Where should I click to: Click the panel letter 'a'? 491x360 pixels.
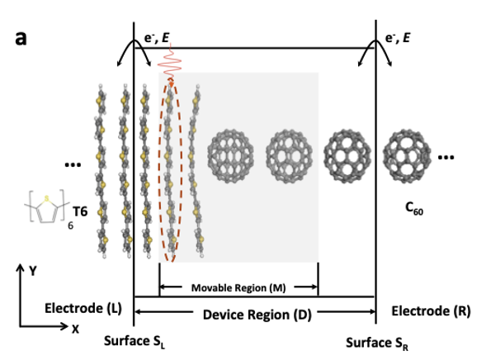pyautogui.click(x=21, y=39)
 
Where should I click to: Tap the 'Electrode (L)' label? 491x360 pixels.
pyautogui.click(x=83, y=308)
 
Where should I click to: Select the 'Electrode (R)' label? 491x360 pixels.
pyautogui.click(x=431, y=311)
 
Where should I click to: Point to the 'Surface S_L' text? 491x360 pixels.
pyautogui.click(x=135, y=341)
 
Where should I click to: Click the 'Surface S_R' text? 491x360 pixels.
pyautogui.click(x=376, y=343)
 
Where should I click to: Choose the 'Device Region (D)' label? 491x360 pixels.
pyautogui.click(x=257, y=315)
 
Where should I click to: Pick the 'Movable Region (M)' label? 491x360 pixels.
pyautogui.click(x=238, y=287)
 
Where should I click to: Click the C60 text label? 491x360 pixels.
pyautogui.click(x=414, y=208)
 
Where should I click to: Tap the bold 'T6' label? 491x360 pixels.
pyautogui.click(x=80, y=211)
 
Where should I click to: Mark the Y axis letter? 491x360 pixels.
pyautogui.click(x=33, y=271)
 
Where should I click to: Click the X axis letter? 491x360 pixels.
pyautogui.click(x=75, y=329)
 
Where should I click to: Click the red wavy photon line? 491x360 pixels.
pyautogui.click(x=170, y=64)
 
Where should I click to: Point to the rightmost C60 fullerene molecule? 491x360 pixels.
pyautogui.click(x=407, y=156)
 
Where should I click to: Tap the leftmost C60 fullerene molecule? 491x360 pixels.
pyautogui.click(x=230, y=156)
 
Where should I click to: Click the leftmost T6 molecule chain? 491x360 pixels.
pyautogui.click(x=102, y=171)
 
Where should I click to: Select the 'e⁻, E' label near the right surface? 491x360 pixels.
pyautogui.click(x=398, y=38)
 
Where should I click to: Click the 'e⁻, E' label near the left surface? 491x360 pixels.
pyautogui.click(x=157, y=38)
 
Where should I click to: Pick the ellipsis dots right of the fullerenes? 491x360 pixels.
pyautogui.click(x=446, y=157)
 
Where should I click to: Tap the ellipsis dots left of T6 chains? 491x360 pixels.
pyautogui.click(x=73, y=164)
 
